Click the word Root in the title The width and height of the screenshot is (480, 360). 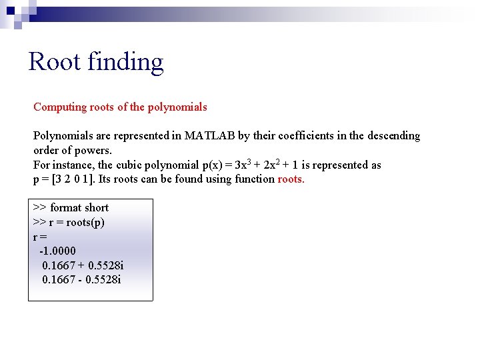pos(51,62)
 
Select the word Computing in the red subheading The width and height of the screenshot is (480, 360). pos(60,107)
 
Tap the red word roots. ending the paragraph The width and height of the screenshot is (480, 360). pos(291,179)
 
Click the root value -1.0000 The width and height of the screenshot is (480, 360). pos(58,251)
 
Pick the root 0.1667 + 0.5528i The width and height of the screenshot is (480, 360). pos(83,265)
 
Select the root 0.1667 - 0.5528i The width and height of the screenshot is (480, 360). pos(81,279)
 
